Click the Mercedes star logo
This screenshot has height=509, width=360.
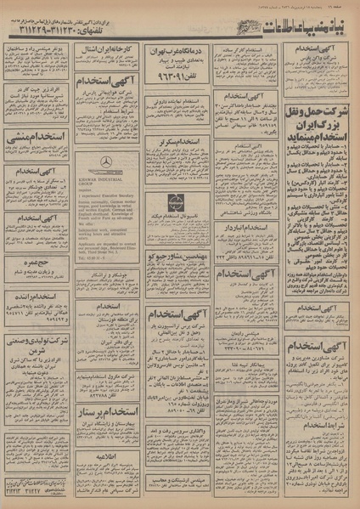pyautogui.click(x=105, y=161)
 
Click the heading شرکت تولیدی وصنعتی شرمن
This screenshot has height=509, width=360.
pyautogui.click(x=35, y=344)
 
